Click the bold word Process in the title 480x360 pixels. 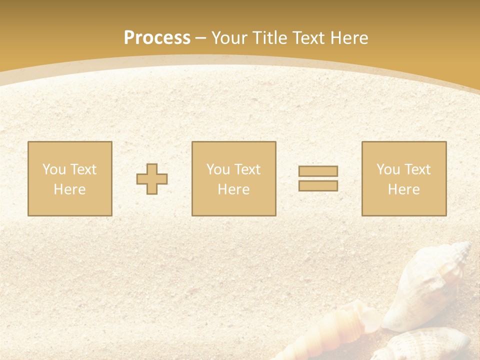pyautogui.click(x=157, y=38)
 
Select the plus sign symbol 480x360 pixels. pyautogui.click(x=152, y=179)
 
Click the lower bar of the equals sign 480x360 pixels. pyautogui.click(x=318, y=186)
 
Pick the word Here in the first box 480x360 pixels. pyautogui.click(x=69, y=189)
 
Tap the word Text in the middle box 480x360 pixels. pyautogui.click(x=247, y=169)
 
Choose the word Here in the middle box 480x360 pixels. pyautogui.click(x=233, y=189)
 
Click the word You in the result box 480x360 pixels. pyautogui.click(x=388, y=169)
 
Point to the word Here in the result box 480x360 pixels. pyautogui.click(x=403, y=189)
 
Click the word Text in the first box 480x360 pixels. pyautogui.click(x=83, y=169)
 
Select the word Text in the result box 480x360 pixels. pyautogui.click(x=417, y=169)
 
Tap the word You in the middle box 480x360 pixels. pyautogui.click(x=218, y=169)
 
